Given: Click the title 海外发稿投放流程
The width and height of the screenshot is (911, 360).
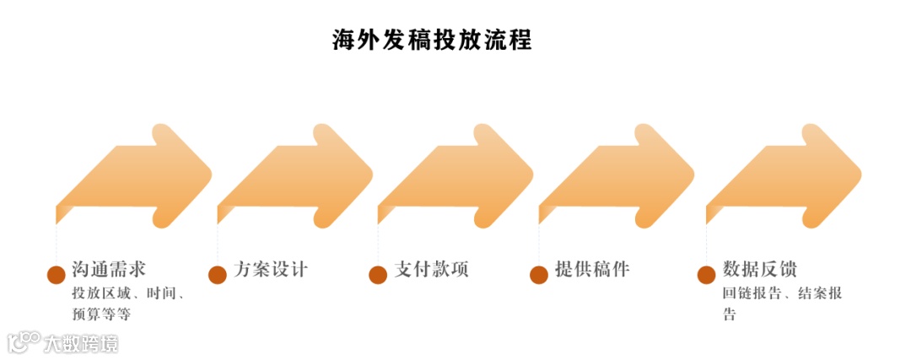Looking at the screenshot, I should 432,40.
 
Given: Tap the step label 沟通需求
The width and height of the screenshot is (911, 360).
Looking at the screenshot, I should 110,270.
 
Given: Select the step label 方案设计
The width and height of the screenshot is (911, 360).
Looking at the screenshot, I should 271,270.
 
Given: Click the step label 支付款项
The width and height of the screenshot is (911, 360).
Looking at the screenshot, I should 431,270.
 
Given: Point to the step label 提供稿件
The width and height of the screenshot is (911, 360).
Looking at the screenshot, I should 592,270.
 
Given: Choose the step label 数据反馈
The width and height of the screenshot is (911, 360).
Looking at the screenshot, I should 760,270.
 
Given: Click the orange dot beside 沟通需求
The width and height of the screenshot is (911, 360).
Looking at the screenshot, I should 57,274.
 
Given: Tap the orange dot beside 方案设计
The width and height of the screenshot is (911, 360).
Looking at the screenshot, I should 218,274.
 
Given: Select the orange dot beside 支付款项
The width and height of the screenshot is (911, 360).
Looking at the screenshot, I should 378,274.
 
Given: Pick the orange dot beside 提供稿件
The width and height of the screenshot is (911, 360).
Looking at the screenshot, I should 539,274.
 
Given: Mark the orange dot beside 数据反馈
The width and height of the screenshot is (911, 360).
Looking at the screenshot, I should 706,274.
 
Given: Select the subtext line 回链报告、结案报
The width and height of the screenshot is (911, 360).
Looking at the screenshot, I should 782,294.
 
